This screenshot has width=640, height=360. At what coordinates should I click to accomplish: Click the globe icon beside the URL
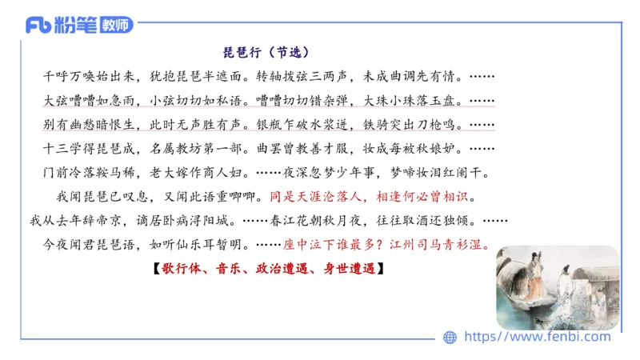(450, 337)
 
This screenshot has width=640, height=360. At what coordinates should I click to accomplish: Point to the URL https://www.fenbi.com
(537, 337)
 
